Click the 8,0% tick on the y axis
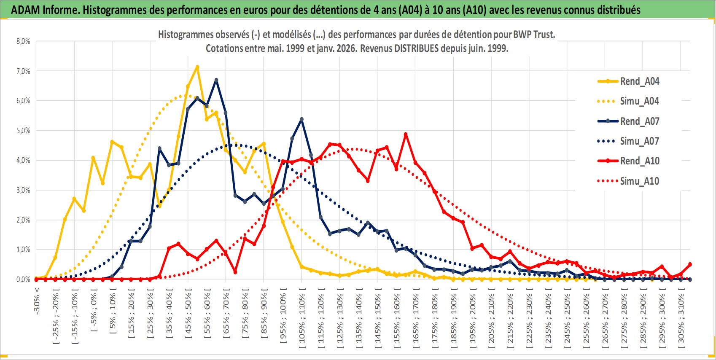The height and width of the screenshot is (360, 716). point(24,41)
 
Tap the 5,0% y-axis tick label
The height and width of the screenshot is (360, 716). point(24,131)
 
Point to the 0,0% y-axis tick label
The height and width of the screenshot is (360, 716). point(24,279)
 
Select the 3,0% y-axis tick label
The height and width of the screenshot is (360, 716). point(24,190)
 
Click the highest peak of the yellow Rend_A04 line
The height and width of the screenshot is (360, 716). point(197,67)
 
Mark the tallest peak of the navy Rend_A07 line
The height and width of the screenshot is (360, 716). point(216,80)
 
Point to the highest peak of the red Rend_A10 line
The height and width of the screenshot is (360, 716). point(406,134)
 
